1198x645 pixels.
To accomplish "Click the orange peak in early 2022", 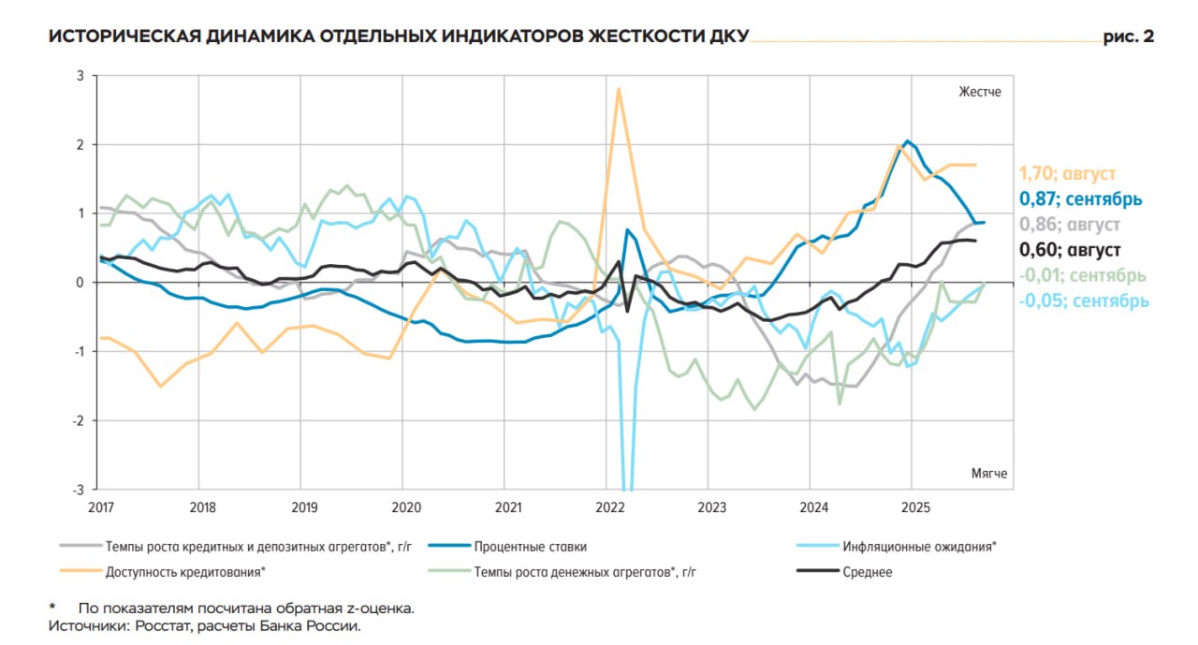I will (x=618, y=89).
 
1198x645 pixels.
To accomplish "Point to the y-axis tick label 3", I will (x=80, y=76).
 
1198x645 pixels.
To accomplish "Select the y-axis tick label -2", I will (x=78, y=420).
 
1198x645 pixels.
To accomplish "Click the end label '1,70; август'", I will (x=1067, y=173).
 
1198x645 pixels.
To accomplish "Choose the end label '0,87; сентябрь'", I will (x=1080, y=198).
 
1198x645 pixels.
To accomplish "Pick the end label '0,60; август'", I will (x=1069, y=250).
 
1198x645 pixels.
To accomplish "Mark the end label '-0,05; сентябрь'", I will (x=1084, y=301).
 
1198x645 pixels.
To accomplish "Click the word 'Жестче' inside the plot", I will (x=980, y=92).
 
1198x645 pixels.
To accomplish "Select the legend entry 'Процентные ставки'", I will (x=530, y=547).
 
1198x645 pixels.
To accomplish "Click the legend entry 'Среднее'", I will (x=868, y=572).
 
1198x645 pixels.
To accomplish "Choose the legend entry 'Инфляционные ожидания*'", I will (x=920, y=547).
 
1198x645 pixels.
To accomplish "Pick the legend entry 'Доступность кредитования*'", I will (x=186, y=572).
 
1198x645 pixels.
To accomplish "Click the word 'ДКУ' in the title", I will (x=728, y=37).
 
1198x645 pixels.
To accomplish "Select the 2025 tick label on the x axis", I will (x=914, y=507).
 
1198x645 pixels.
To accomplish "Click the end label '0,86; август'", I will (x=1069, y=225).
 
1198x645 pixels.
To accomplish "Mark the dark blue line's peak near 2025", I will (x=906, y=141).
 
